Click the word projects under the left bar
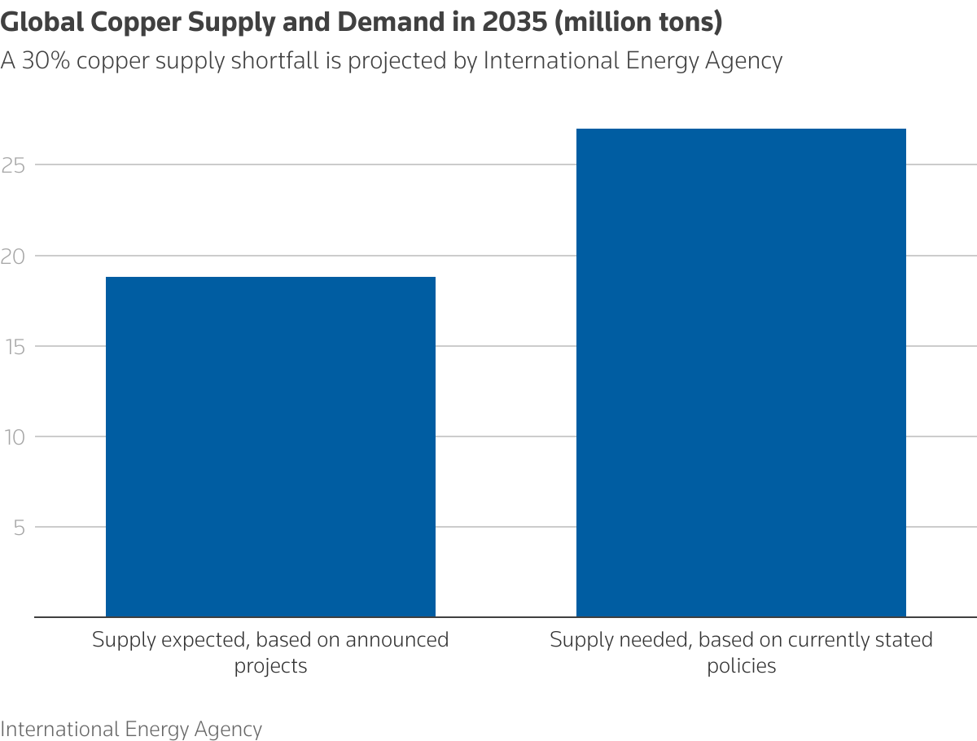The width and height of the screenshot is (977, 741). coord(270,666)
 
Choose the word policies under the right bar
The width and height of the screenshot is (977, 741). coord(741,666)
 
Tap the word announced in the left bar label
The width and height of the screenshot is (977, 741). coord(397,640)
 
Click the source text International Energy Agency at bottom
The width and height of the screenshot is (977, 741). coord(131,729)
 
